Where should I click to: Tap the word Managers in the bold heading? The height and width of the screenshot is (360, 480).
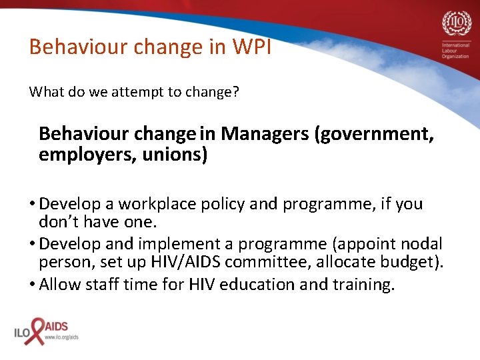[x=265, y=134]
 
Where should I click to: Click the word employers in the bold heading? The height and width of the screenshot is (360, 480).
[x=72, y=155]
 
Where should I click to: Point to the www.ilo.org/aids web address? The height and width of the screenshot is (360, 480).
[x=62, y=338]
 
